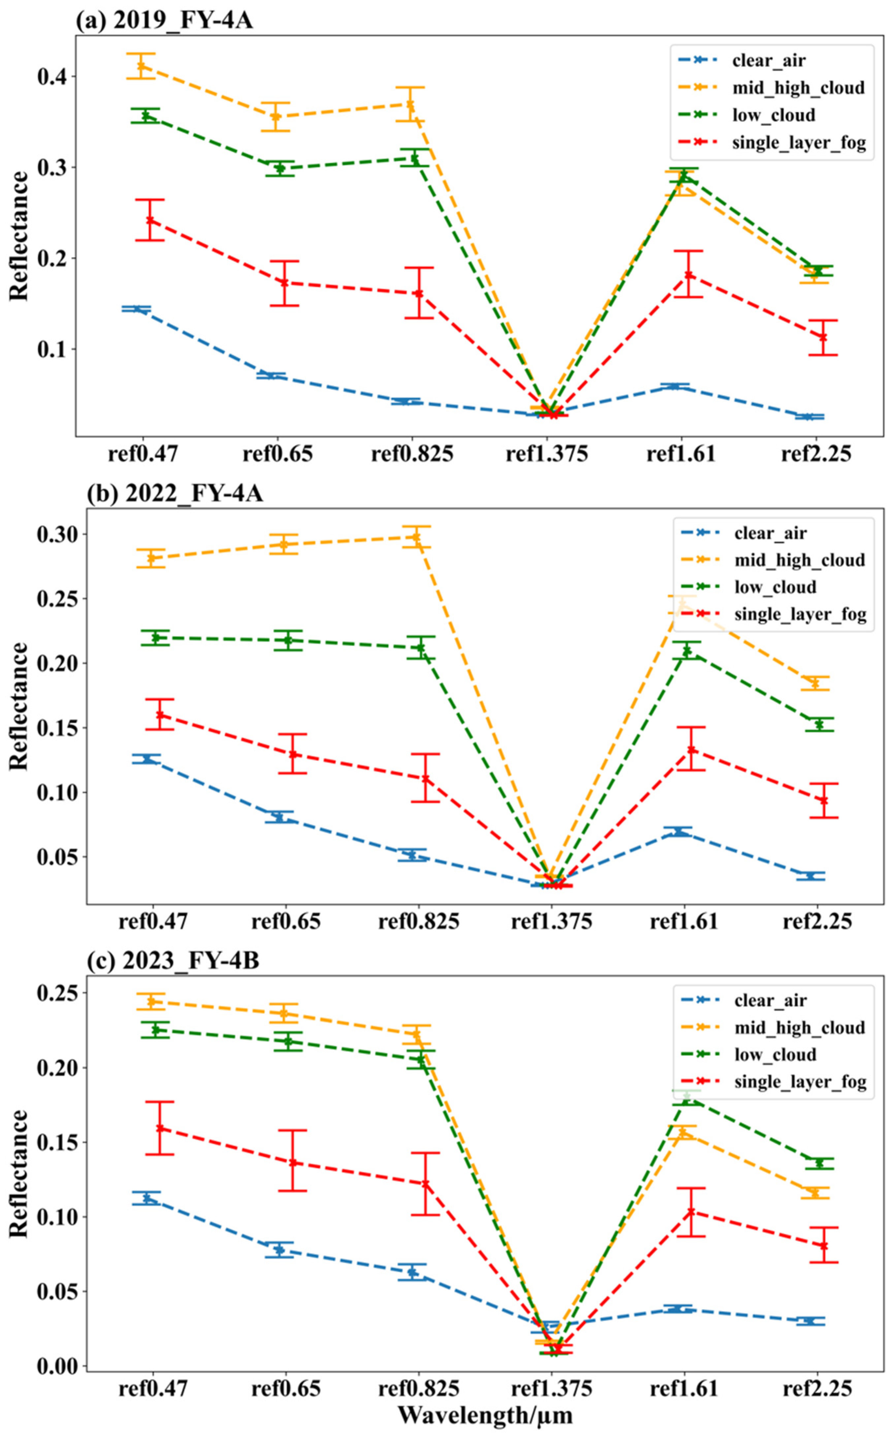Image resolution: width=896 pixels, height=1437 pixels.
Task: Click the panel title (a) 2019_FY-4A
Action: tap(164, 22)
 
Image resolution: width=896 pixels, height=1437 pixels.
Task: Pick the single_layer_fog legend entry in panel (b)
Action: tap(800, 614)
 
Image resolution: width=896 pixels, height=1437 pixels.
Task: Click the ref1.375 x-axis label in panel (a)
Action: tap(546, 455)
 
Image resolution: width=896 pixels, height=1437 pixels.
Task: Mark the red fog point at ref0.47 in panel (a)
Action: tap(150, 220)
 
